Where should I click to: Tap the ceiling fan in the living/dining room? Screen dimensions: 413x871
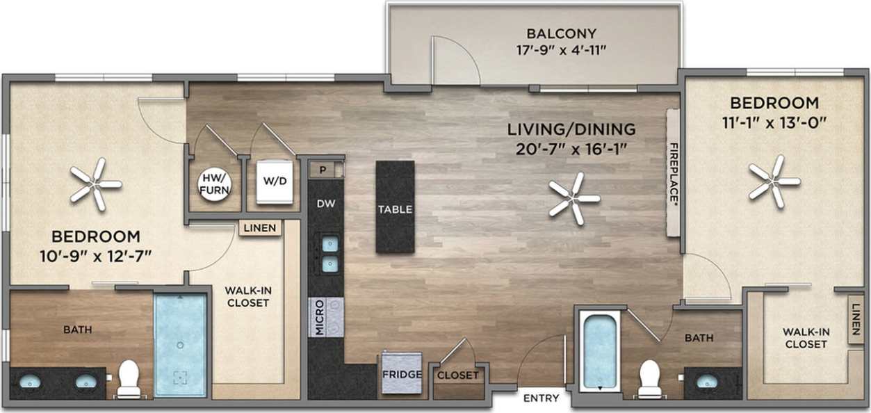pos(574,199)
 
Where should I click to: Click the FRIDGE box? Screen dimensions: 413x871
pos(402,375)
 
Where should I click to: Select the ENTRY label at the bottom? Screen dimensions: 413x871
pos(541,398)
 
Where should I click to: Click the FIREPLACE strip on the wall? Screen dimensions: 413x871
pos(673,172)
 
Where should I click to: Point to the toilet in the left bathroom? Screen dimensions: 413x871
pos(129,379)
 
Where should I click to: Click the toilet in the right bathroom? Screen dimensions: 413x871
pos(649,379)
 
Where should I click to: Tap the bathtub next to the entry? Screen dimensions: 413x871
pos(599,351)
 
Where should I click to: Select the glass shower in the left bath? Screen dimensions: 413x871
pos(180,345)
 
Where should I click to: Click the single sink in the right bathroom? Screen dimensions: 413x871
pos(707,381)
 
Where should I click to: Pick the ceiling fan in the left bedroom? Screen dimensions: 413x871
pos(95,184)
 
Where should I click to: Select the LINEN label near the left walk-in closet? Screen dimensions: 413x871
pos(261,228)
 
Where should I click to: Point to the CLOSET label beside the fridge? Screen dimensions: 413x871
pos(458,375)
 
